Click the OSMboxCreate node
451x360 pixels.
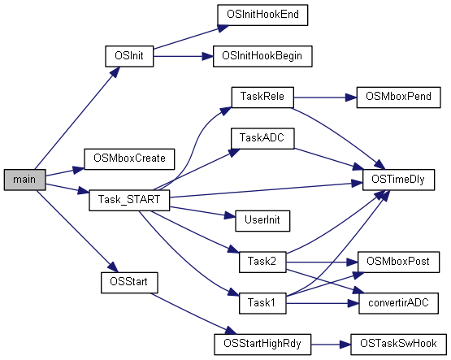coord(130,158)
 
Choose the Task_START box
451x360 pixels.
coord(128,199)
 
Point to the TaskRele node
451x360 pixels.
coord(262,95)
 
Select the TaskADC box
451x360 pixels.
coord(262,137)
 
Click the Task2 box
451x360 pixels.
coord(262,262)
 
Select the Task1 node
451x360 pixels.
coord(262,303)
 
